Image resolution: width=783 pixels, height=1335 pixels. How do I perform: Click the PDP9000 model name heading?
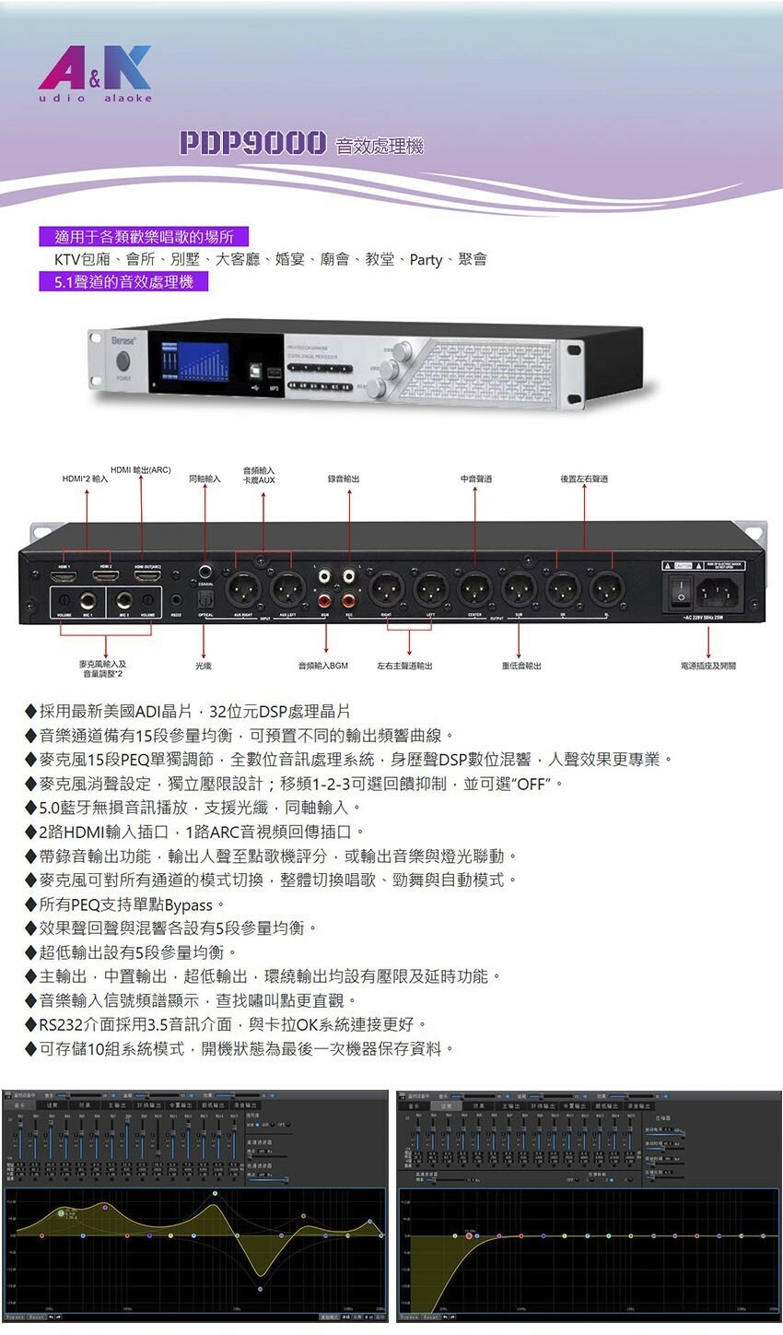(x=252, y=143)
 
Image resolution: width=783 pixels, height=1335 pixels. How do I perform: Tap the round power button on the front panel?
(x=123, y=360)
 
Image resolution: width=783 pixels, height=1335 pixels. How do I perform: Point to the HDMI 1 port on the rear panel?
(x=64, y=576)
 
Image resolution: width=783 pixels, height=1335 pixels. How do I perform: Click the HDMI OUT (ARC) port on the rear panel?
(x=147, y=576)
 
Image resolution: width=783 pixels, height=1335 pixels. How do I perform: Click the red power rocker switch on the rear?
(x=681, y=587)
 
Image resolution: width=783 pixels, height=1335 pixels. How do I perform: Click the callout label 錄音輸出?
(x=344, y=478)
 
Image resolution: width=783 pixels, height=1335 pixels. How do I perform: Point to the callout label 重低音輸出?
(x=521, y=666)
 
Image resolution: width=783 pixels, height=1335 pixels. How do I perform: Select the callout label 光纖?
(x=204, y=665)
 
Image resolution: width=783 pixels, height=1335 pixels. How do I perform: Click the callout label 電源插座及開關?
(x=707, y=665)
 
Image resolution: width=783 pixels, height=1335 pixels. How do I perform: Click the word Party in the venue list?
(x=426, y=260)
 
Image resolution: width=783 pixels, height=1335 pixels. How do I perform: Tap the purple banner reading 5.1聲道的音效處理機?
(x=123, y=282)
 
